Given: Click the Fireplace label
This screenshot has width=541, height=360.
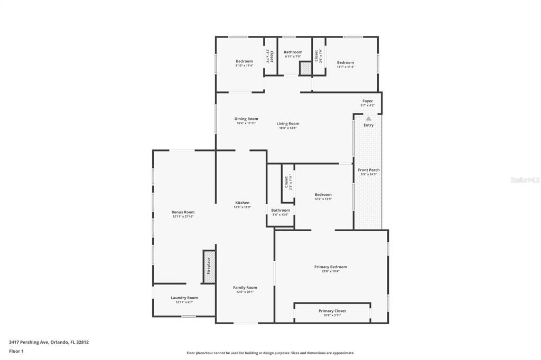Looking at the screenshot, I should (x=209, y=266).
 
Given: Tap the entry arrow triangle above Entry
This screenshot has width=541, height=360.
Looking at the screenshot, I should (x=368, y=119).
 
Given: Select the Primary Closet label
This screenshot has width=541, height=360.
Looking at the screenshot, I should (x=332, y=311).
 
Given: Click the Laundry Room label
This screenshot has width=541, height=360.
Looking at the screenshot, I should (x=184, y=298).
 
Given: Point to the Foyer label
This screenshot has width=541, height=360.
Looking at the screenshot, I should (x=367, y=101).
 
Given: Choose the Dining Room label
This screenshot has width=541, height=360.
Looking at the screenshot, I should (x=246, y=119).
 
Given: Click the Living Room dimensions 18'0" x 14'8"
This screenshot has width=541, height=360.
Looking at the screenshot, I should (x=288, y=128).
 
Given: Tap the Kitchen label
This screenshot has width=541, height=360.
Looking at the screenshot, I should (x=242, y=203).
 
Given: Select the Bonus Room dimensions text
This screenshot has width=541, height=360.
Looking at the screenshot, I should (x=183, y=216).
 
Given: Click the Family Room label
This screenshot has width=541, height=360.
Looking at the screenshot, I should (x=245, y=288).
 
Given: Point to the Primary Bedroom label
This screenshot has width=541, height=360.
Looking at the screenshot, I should (x=331, y=267).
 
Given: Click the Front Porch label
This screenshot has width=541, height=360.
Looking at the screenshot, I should (x=369, y=170).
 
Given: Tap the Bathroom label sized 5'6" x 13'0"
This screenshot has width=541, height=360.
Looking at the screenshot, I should (x=281, y=210).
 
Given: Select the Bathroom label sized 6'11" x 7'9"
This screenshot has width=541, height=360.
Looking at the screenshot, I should (x=293, y=52).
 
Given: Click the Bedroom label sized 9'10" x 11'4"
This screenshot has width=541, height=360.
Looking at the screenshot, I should (x=244, y=61).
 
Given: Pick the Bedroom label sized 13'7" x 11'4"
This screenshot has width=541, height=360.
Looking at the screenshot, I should (x=346, y=62).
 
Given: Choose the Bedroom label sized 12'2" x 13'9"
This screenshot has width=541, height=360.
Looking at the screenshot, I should (x=323, y=195).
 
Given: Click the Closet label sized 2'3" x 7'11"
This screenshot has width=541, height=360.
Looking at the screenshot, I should (x=286, y=182).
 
